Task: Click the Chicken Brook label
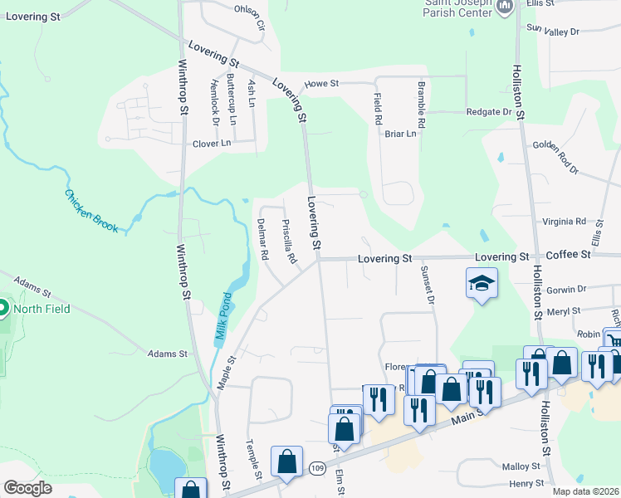(x=91, y=211)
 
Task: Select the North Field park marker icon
(x=2, y=310)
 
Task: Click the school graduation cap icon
(x=482, y=283)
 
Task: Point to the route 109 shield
(x=316, y=468)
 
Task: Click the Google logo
(x=27, y=488)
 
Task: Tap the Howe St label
(x=321, y=84)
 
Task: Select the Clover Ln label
(x=212, y=144)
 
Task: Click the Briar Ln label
(x=399, y=134)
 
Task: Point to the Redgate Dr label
(x=488, y=112)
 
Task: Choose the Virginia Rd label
(x=564, y=222)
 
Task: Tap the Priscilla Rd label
(x=289, y=242)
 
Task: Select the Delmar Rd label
(x=263, y=240)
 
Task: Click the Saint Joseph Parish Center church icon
(x=505, y=7)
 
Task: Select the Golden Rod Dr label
(x=555, y=156)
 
